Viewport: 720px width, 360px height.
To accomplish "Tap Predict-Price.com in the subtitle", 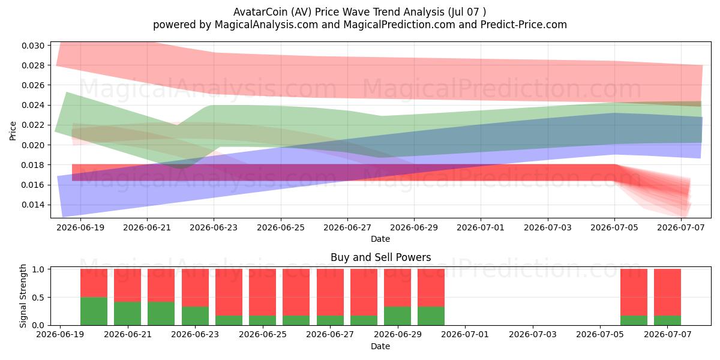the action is tap(524, 25).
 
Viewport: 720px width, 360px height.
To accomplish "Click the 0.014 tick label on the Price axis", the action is tap(33, 205).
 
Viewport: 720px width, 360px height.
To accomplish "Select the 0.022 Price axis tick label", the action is tap(33, 125).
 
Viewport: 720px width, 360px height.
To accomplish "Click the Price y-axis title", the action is tap(13, 131).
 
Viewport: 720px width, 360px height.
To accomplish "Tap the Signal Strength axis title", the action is tap(23, 296).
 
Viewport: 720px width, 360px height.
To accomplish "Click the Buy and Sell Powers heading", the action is tap(380, 257).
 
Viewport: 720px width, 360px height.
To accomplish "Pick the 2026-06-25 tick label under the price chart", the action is tap(281, 227).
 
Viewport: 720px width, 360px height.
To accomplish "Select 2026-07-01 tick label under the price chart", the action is tap(481, 227).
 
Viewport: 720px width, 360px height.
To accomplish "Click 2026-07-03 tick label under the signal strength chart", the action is tap(533, 334).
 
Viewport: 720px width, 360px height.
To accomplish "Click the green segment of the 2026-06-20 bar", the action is tap(94, 311).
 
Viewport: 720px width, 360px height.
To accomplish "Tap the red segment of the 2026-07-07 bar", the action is tap(667, 293).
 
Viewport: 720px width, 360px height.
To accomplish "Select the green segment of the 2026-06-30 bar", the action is tap(431, 316).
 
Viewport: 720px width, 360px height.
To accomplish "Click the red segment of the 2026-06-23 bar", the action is tap(195, 287).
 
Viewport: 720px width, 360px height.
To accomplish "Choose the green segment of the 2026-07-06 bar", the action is tap(634, 320).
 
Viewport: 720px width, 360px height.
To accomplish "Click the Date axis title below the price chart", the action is tap(380, 239).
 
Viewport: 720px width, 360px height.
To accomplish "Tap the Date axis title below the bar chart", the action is tap(380, 346).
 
